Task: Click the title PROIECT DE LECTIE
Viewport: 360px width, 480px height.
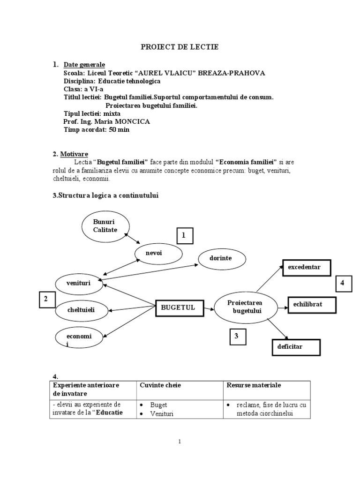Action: click(180, 47)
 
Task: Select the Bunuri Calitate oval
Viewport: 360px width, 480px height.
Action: click(105, 225)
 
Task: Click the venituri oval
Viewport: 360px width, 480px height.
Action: click(78, 283)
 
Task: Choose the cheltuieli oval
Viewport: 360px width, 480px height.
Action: click(81, 309)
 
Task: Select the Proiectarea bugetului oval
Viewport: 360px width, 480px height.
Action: click(245, 307)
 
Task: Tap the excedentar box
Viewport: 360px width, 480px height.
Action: click(306, 267)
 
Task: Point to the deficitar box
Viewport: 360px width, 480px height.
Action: click(296, 347)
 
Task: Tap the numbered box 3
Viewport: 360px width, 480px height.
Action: click(237, 336)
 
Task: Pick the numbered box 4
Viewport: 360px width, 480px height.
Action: click(343, 284)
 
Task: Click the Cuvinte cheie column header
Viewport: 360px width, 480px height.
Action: click(160, 385)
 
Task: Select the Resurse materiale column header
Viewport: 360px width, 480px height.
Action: click(254, 385)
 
